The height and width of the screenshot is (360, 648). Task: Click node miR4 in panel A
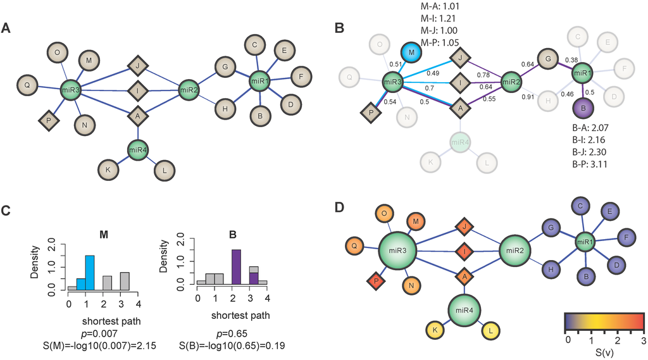[137, 151]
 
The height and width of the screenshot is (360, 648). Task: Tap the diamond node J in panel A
[137, 65]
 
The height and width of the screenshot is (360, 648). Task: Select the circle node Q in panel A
[27, 84]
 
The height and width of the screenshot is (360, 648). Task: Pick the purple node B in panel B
[578, 109]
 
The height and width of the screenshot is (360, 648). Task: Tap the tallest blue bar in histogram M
[90, 272]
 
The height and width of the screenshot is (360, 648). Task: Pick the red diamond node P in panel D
[377, 282]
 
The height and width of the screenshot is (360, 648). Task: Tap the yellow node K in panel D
[434, 329]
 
